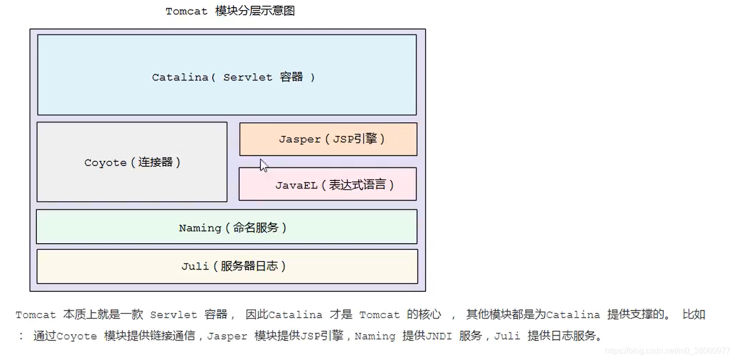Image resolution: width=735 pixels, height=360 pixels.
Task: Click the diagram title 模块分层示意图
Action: click(x=255, y=11)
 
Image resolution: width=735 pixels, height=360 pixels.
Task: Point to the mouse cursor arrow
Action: click(x=263, y=165)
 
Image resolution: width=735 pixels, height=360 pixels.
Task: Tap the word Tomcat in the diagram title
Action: click(x=187, y=11)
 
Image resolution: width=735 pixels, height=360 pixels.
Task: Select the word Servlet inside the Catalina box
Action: click(x=247, y=77)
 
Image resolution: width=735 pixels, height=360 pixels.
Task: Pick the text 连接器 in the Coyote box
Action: click(x=156, y=162)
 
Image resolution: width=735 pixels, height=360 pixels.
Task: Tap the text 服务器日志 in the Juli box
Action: click(x=249, y=266)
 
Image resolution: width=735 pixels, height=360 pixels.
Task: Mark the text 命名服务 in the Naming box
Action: click(x=256, y=228)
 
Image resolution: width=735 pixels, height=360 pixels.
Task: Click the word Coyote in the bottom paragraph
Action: click(x=76, y=336)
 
